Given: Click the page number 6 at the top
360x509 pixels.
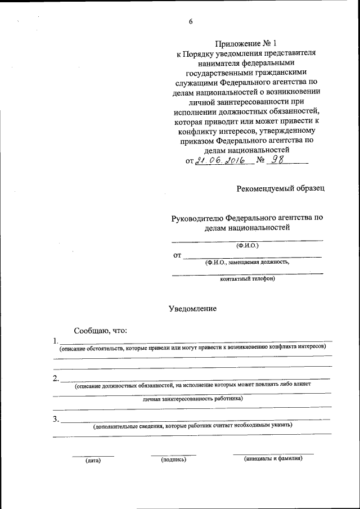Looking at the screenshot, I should [191, 22].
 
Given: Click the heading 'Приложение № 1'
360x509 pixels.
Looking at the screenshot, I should [247, 43].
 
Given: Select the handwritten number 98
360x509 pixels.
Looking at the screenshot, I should [278, 160].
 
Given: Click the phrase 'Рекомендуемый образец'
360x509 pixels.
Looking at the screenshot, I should [280, 188].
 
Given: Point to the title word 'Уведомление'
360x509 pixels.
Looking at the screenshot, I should [192, 309].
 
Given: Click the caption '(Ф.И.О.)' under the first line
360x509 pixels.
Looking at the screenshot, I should [247, 245].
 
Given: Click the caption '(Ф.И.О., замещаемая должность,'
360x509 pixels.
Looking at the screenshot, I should [247, 262].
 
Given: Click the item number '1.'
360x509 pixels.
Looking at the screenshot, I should [55, 341].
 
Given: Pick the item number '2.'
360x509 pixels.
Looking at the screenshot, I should [56, 378].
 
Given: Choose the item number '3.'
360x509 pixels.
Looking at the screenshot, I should [56, 419].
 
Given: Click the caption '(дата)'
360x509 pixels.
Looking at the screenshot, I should [93, 461].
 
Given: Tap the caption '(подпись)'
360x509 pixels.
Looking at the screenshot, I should [173, 460].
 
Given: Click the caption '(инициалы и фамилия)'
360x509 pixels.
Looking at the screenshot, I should [273, 458].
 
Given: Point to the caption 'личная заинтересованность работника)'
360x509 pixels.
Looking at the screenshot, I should [192, 399].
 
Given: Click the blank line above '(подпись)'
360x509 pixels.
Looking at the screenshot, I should [173, 454].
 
